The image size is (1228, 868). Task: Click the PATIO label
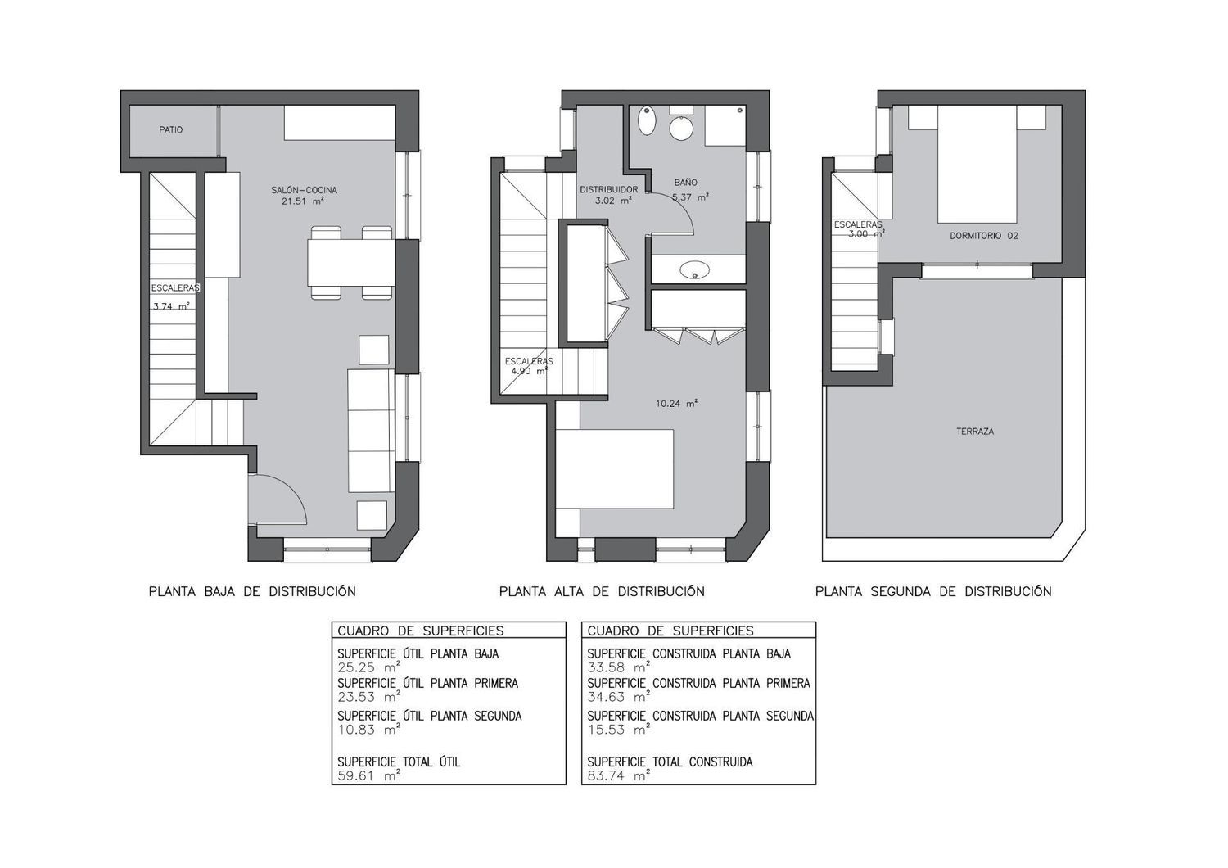tap(171, 130)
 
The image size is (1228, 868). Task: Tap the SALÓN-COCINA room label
tap(304, 190)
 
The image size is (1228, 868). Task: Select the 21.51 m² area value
tap(303, 201)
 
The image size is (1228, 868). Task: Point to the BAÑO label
tap(686, 182)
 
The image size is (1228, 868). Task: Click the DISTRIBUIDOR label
tap(609, 190)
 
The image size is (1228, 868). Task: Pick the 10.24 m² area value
tap(676, 404)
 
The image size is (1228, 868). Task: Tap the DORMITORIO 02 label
tap(984, 236)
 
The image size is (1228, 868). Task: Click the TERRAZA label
tap(975, 432)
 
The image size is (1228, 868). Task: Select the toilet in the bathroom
tap(681, 125)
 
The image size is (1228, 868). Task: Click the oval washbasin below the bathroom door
tap(694, 269)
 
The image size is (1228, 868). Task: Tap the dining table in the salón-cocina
tap(351, 263)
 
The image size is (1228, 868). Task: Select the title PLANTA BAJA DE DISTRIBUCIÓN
tap(252, 592)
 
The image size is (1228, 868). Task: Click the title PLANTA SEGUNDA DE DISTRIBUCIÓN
tap(933, 592)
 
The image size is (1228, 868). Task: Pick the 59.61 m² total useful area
tap(368, 776)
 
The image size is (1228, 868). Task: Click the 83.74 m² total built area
tap(619, 776)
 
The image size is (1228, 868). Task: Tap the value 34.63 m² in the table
tap(619, 697)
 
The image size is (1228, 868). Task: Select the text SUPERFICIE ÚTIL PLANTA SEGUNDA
tap(429, 716)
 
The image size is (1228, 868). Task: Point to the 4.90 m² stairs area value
tap(530, 371)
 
